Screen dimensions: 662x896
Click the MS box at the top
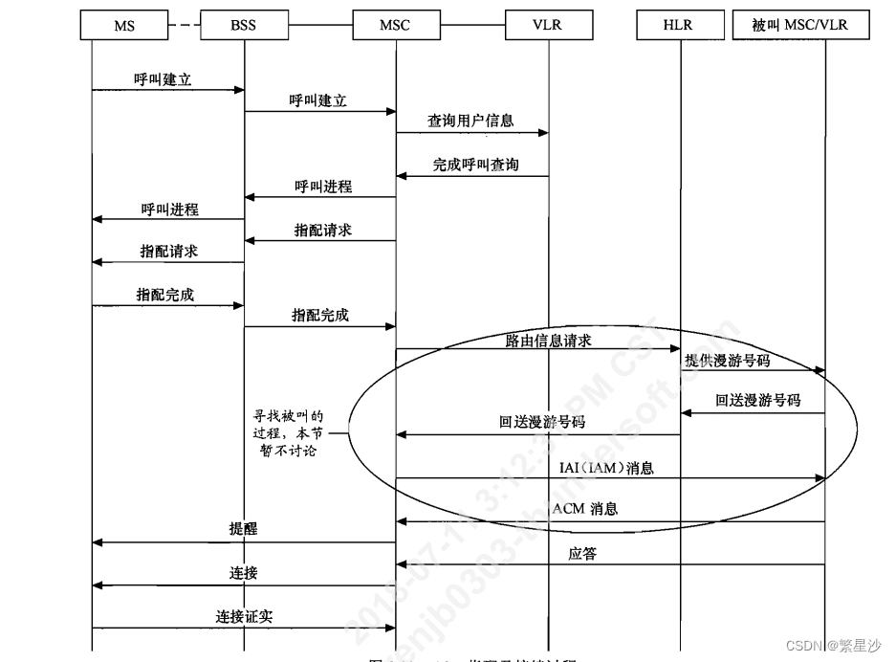point(123,26)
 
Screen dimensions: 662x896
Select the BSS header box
point(243,26)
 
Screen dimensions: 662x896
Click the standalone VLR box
point(548,26)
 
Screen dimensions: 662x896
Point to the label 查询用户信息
point(470,121)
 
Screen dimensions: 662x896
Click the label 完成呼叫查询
point(475,165)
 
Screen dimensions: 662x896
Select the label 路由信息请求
point(549,340)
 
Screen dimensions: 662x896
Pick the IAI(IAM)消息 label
point(606,468)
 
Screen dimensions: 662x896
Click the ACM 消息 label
point(585,509)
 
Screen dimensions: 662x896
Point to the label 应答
point(581,553)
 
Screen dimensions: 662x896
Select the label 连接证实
point(244,617)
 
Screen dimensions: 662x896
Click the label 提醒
point(243,529)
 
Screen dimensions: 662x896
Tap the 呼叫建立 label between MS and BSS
point(163,79)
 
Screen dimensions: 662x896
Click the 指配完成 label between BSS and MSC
point(320,316)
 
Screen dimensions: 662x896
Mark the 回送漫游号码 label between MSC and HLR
point(541,422)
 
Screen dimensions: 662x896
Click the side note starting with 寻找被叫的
point(288,433)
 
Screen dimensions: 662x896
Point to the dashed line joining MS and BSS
point(183,26)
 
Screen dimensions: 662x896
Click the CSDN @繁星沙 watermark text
point(834,646)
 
